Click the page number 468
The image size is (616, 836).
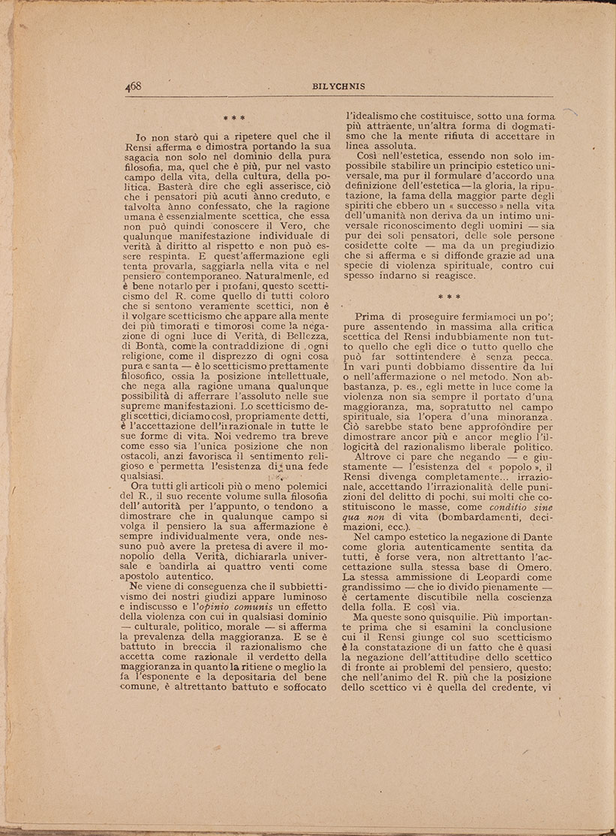[134, 86]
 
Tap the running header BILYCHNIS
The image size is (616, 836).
[339, 86]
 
